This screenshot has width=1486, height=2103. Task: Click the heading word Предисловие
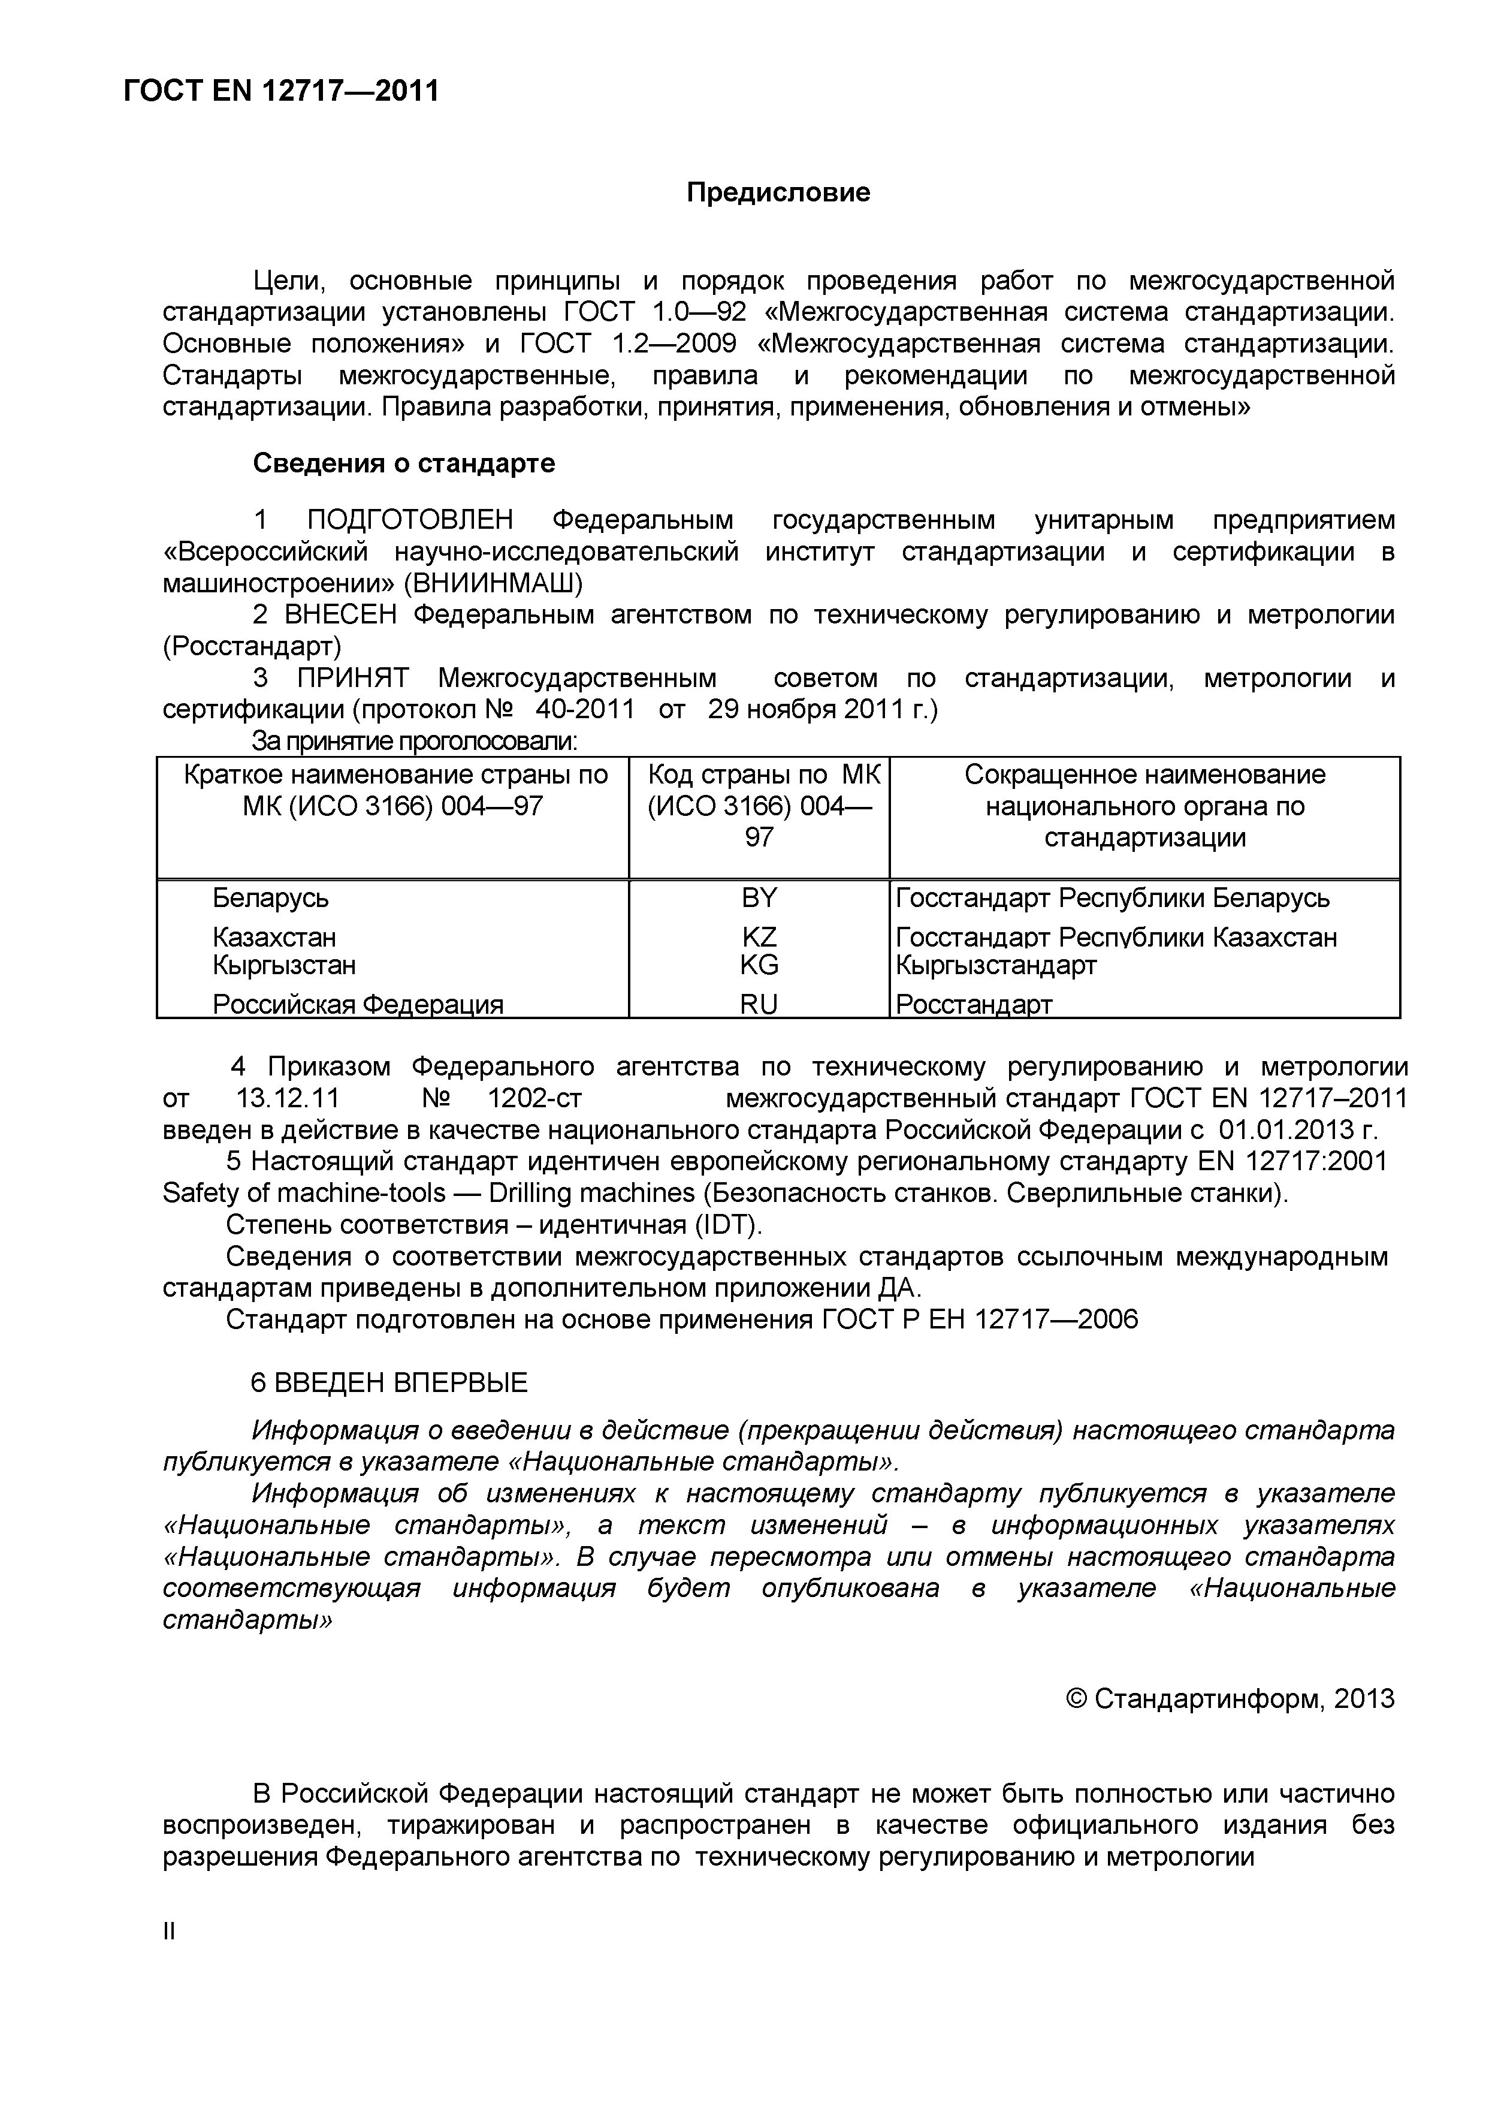pos(778,193)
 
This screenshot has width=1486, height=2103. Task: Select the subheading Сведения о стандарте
pos(404,463)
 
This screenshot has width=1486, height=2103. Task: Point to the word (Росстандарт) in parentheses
pos(252,647)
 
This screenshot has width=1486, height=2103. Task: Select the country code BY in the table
pos(759,899)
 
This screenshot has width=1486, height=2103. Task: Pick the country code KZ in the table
pos(759,937)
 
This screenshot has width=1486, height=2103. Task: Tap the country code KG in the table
pos(759,965)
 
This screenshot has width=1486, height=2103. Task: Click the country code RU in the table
pos(759,1005)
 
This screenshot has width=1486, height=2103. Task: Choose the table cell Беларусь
pos(271,899)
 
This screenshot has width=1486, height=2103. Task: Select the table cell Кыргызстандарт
pos(996,965)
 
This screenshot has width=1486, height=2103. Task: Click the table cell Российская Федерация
pos(358,1005)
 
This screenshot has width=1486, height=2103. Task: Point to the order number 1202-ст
pos(534,1098)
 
